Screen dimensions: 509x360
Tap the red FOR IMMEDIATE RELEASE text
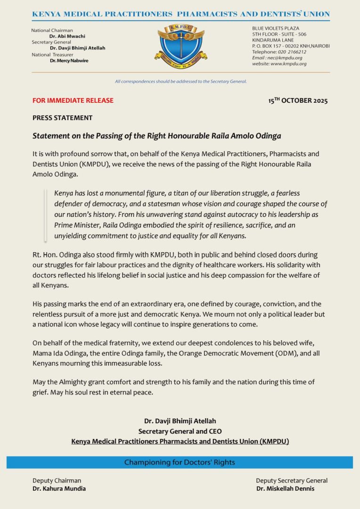pos(73,100)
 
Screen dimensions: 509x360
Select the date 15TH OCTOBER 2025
pos(298,100)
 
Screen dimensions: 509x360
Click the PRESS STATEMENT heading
pos(63,118)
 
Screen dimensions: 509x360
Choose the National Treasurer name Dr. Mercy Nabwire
pos(69,61)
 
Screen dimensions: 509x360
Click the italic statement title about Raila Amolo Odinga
pos(156,136)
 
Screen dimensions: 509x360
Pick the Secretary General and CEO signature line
pos(180,431)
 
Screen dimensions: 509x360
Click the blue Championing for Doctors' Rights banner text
pos(180,462)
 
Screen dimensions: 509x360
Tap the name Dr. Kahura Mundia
pos(59,489)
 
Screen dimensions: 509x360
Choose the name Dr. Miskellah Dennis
pos(285,489)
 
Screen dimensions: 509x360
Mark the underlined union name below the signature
pos(180,442)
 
